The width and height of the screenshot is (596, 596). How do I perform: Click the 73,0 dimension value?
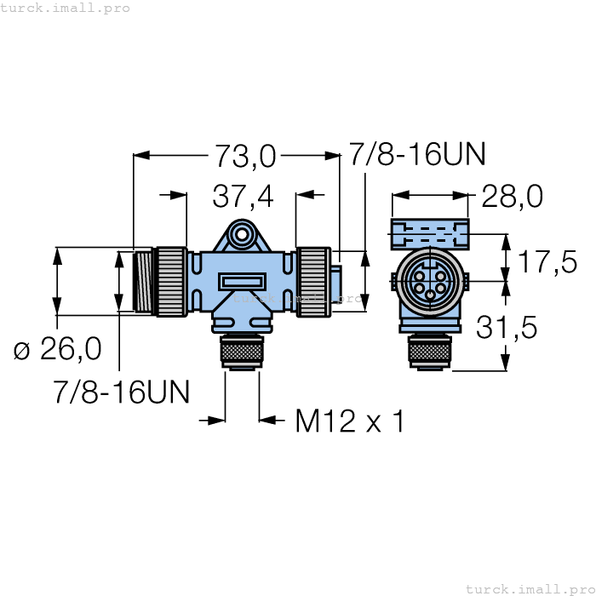click(x=244, y=156)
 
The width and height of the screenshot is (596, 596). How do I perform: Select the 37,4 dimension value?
click(x=243, y=197)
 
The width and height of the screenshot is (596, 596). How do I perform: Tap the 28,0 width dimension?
click(x=512, y=197)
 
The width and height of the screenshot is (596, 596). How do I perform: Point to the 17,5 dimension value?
click(x=547, y=261)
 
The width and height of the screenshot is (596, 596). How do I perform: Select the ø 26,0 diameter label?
click(x=58, y=348)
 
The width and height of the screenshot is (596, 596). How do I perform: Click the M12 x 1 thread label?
click(x=349, y=421)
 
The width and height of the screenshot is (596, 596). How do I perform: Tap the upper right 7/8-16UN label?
click(x=417, y=154)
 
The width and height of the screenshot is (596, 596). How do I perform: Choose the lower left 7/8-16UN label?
click(x=121, y=391)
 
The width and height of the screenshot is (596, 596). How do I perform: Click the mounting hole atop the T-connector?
click(x=242, y=233)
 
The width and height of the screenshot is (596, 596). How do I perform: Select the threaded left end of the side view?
click(x=143, y=281)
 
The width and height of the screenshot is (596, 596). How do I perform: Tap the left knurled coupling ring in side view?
click(x=171, y=281)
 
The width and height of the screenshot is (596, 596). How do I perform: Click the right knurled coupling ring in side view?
click(x=314, y=281)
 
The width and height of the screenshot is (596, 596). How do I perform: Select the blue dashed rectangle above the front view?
click(x=430, y=232)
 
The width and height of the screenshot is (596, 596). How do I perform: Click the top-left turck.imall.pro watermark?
click(x=66, y=8)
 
